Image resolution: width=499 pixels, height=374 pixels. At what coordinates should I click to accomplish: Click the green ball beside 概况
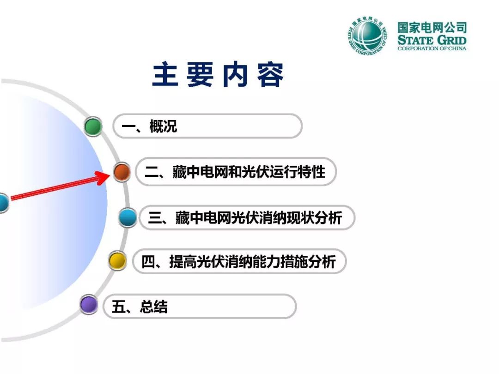click(x=93, y=126)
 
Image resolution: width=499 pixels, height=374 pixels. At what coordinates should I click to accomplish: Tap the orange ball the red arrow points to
click(x=122, y=172)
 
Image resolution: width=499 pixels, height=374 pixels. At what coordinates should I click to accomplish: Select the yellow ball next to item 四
click(x=117, y=261)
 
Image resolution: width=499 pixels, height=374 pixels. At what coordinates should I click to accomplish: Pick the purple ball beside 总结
click(x=88, y=304)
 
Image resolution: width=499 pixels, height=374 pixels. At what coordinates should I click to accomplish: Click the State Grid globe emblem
click(x=367, y=36)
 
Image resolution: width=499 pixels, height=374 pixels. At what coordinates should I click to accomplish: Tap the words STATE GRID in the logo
click(x=432, y=40)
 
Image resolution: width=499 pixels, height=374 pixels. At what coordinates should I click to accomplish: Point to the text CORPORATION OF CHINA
click(x=432, y=48)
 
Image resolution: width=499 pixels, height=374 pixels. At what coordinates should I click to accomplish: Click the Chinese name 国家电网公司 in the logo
click(x=432, y=28)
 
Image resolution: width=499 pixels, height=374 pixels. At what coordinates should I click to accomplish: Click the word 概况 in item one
click(x=163, y=126)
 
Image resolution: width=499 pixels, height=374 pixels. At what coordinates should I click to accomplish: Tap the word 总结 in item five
click(x=153, y=307)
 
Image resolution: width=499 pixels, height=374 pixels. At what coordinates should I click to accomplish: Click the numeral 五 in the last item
click(x=118, y=307)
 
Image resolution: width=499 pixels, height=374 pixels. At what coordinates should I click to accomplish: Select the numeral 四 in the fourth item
click(x=148, y=262)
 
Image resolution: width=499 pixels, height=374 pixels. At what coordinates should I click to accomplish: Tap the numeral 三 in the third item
click(x=155, y=218)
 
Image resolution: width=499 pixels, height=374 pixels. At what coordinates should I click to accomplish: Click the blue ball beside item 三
click(x=128, y=217)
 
